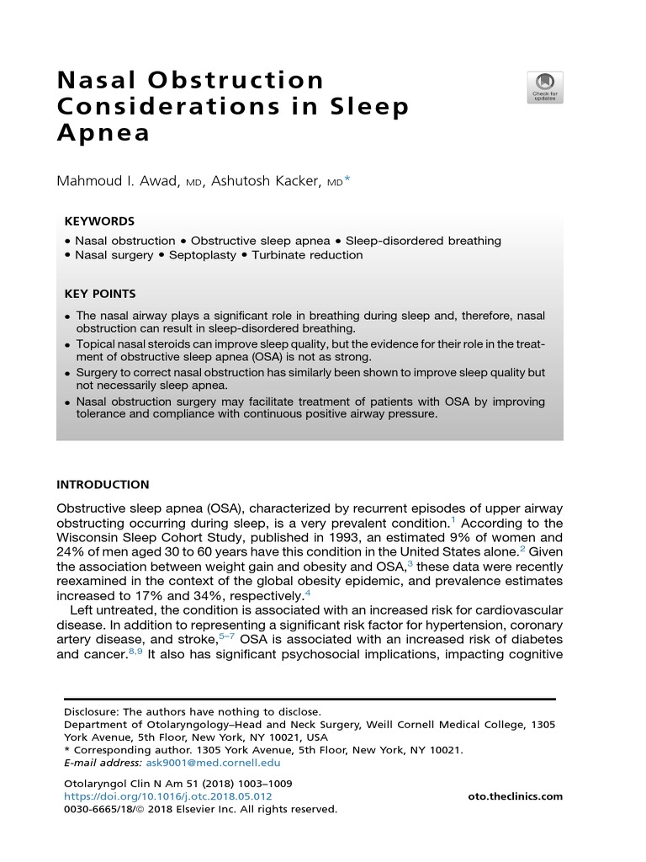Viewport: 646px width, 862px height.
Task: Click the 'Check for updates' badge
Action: [x=545, y=88]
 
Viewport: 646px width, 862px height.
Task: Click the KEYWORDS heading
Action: [x=99, y=221]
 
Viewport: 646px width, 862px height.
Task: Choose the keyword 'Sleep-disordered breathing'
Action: [x=423, y=241]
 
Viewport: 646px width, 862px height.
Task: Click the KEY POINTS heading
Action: [x=100, y=294]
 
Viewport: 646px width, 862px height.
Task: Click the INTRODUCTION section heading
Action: [x=103, y=485]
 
